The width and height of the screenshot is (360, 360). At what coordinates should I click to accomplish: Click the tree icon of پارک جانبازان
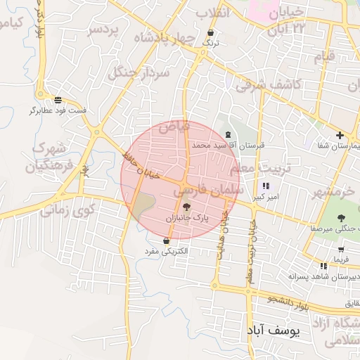(x=186, y=207)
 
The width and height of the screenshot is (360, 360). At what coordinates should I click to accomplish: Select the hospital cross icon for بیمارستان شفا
(x=340, y=135)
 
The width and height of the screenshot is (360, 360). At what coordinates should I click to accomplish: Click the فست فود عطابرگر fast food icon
(x=57, y=100)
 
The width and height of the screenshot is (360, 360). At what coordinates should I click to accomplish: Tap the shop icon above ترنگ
(x=211, y=33)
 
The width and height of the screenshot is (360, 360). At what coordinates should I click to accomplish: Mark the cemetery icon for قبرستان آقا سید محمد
(x=227, y=134)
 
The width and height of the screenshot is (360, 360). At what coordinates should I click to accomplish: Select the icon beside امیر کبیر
(x=265, y=186)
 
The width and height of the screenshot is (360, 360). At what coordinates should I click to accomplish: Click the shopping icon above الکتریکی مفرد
(x=165, y=240)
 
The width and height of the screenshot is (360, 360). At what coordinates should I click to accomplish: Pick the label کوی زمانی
(x=67, y=210)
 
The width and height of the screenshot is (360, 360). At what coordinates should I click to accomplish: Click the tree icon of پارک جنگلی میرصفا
(x=342, y=218)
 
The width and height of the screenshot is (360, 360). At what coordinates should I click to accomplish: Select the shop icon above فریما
(x=341, y=250)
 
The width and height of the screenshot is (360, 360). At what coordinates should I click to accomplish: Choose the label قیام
(x=323, y=55)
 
